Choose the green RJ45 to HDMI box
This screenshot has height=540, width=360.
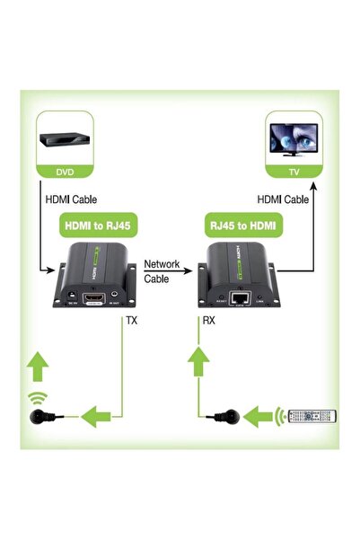tap(242, 224)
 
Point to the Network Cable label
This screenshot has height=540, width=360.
tap(162, 271)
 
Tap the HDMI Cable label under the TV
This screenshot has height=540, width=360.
tap(284, 199)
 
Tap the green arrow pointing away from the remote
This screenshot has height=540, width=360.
tap(260, 415)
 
